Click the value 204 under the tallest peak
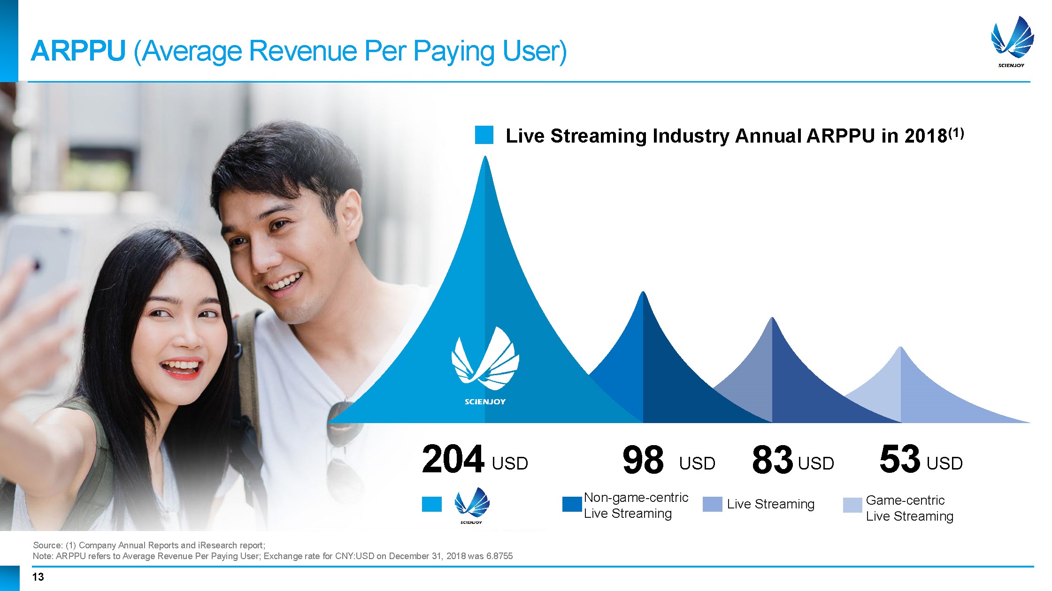click(x=453, y=460)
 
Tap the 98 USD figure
click(x=668, y=460)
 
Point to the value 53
click(x=899, y=459)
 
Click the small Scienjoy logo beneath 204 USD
click(x=472, y=506)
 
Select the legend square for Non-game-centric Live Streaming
click(x=572, y=504)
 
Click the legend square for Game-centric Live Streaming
click(x=852, y=505)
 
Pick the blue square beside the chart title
click(x=484, y=135)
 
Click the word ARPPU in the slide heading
click(x=78, y=51)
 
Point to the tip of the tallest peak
click(x=485, y=156)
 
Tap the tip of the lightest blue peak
click(x=900, y=347)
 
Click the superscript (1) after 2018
click(x=956, y=134)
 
